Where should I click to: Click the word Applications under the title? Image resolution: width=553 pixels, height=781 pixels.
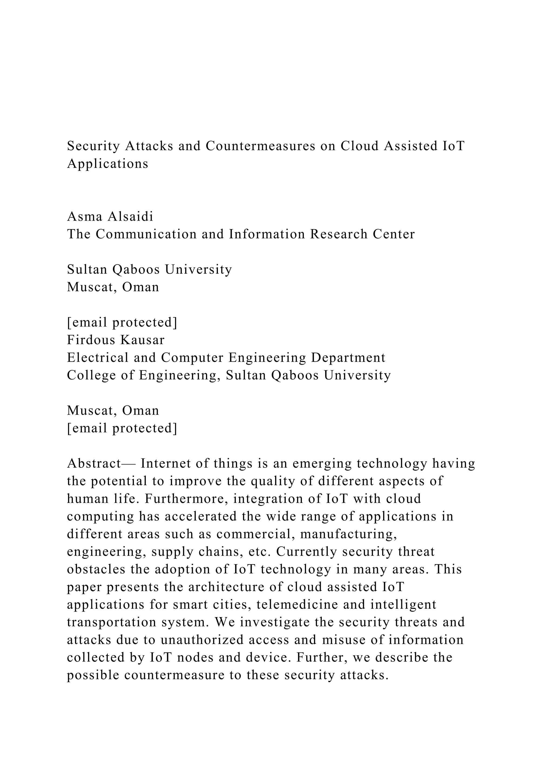coord(108,164)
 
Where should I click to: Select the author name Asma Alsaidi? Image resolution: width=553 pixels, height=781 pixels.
coord(110,216)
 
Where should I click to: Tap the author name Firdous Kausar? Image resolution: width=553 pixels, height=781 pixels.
coord(116,340)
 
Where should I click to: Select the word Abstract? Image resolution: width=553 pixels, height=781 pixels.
coord(94,463)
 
